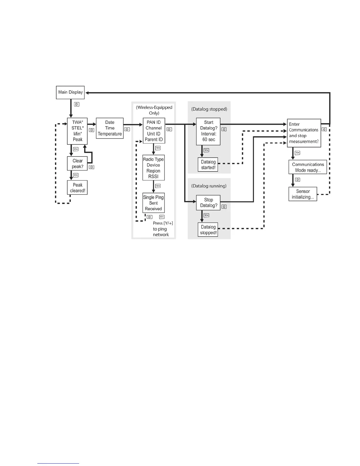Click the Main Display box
coord(70,92)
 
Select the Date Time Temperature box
coord(110,128)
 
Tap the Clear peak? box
coord(77,164)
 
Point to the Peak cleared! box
coord(77,188)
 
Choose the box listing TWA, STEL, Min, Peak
coord(77,131)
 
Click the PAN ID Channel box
coord(154,131)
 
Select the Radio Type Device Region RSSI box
coord(153,168)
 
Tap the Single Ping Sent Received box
coord(153,203)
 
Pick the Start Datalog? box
coord(208,131)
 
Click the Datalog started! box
coord(208,165)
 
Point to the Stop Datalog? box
coord(208,203)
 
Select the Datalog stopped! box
coord(208,230)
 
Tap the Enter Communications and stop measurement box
coord(304,133)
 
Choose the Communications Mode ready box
coord(308,167)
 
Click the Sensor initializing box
coord(303,194)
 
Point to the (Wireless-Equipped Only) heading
coord(154,110)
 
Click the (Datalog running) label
coord(209,186)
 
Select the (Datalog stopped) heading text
coord(209,109)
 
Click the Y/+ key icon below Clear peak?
coord(76,175)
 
